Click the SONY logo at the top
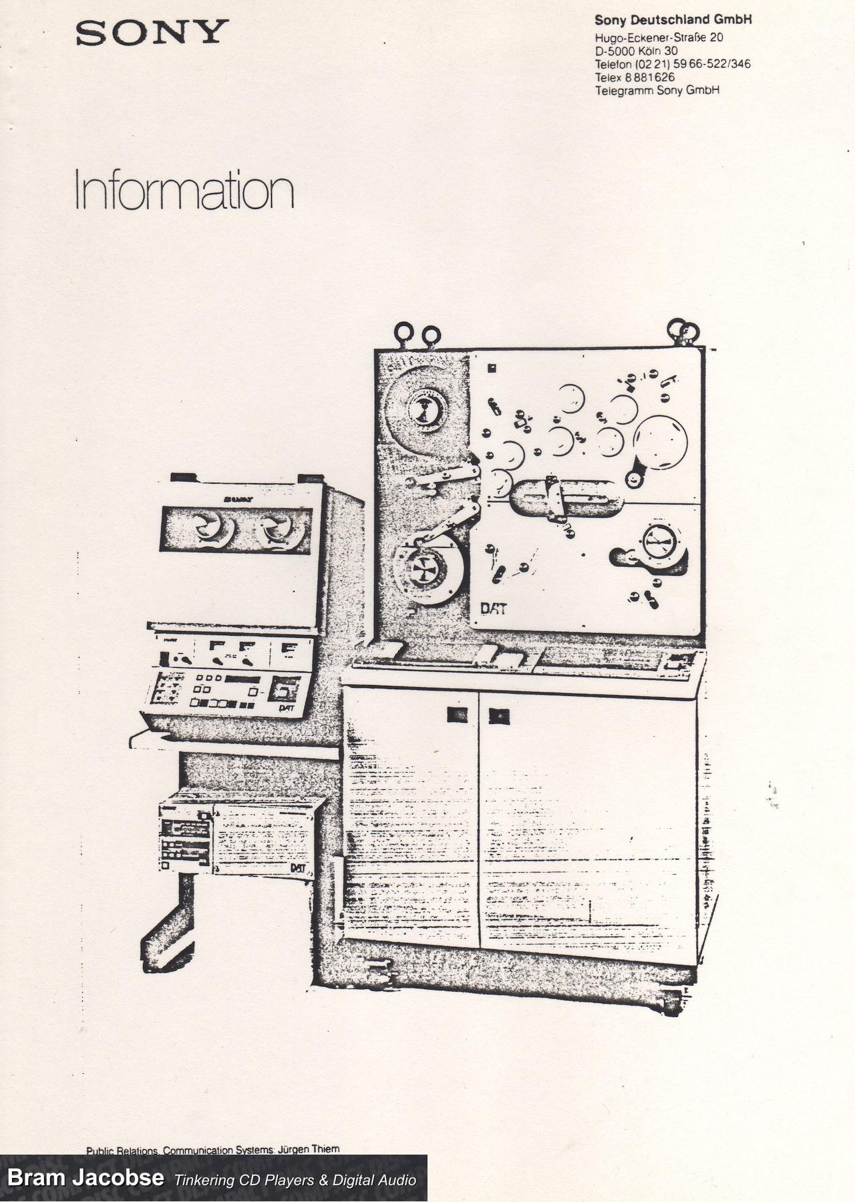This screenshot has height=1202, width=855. point(152,32)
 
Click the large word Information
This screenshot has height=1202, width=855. point(184,190)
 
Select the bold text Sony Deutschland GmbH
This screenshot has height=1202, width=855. point(673,20)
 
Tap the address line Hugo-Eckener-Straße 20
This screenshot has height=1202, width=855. point(659,38)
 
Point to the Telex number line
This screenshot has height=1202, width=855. point(635,77)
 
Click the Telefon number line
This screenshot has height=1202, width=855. point(672,64)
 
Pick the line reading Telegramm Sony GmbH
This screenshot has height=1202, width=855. point(657,90)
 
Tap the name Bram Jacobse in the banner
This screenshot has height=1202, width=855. point(85,1177)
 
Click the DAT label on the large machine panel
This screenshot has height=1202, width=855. point(492,609)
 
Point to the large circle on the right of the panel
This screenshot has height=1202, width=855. point(660,441)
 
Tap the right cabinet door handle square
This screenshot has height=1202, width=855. point(498,716)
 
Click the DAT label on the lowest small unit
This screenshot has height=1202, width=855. point(299,867)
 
